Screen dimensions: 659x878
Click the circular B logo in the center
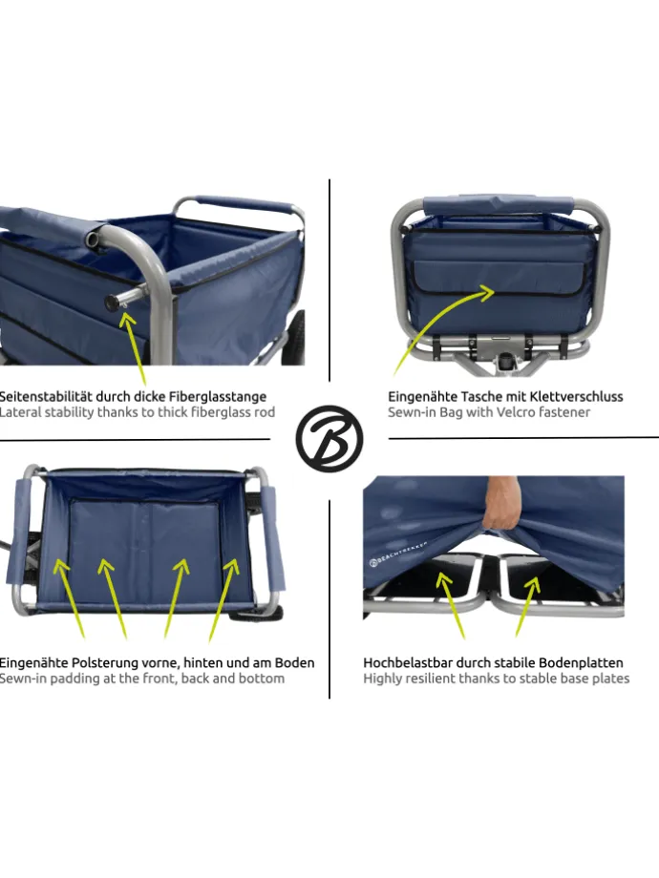point(329,438)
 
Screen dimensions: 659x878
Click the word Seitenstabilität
point(46,396)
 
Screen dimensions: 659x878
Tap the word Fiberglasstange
point(219,397)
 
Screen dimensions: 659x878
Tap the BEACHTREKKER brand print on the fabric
point(398,554)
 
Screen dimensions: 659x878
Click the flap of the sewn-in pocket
point(500,277)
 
